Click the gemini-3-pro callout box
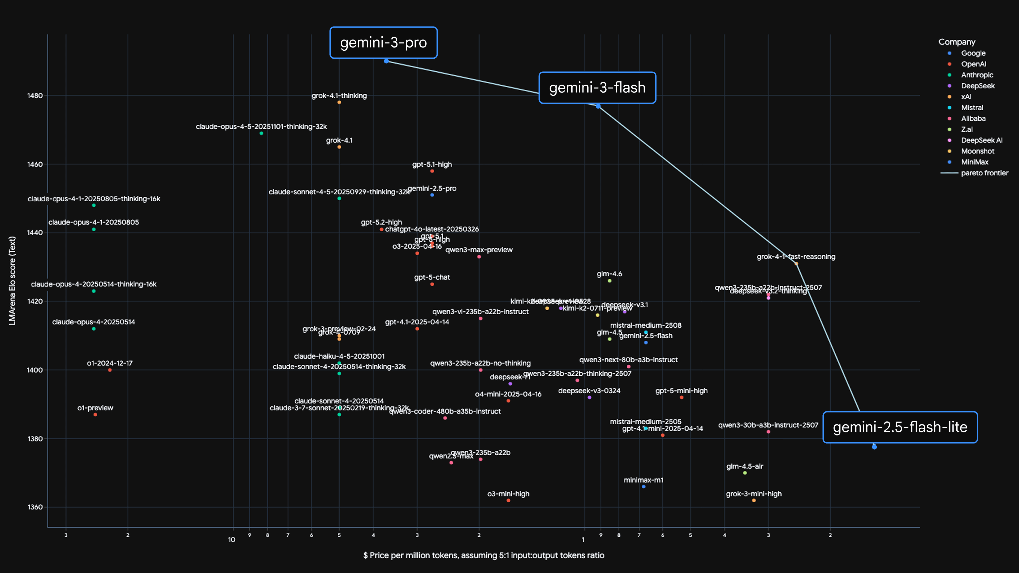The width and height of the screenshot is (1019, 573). click(x=383, y=43)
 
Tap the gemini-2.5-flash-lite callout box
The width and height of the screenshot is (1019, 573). click(x=900, y=427)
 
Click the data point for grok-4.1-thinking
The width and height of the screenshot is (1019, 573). click(x=339, y=102)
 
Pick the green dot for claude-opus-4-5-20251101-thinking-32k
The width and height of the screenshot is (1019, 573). click(x=261, y=133)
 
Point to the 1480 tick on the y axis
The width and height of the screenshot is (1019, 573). click(x=35, y=96)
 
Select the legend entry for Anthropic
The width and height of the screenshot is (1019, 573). click(x=977, y=75)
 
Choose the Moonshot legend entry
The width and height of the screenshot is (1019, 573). click(x=977, y=151)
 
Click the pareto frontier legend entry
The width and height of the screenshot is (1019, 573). click(x=984, y=173)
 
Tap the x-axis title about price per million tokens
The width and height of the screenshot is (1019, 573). click(x=483, y=555)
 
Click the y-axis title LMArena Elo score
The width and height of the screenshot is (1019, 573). click(x=12, y=281)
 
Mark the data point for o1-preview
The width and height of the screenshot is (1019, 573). click(x=95, y=414)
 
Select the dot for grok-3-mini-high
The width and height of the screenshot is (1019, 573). click(x=754, y=501)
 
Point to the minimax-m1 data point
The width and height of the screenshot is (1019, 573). click(x=644, y=487)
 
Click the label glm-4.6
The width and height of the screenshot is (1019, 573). click(x=609, y=274)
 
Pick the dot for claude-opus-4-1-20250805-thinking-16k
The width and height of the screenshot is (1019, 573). click(x=94, y=205)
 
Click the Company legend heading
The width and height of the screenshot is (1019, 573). click(x=956, y=42)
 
